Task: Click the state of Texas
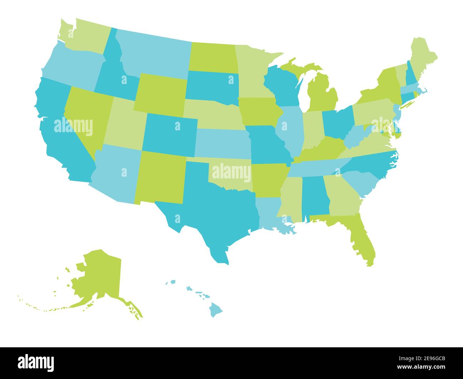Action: coord(210,207)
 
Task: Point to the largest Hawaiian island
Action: coord(215,310)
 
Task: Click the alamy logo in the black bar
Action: coord(36,362)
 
